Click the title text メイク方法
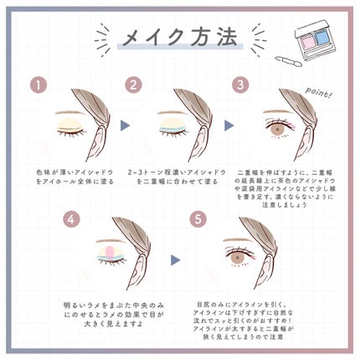click(178, 37)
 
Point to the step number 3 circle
click(240, 85)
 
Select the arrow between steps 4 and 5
click(177, 260)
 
